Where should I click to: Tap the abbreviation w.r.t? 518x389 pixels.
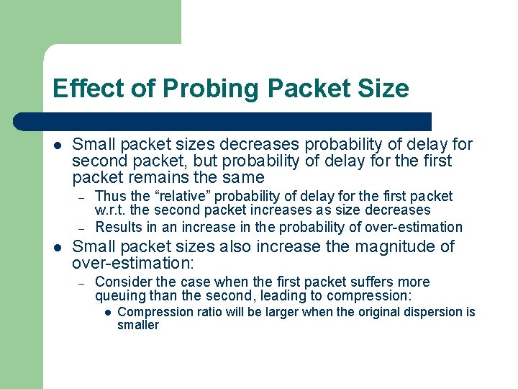pyautogui.click(x=110, y=210)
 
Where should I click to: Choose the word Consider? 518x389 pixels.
pyautogui.click(x=122, y=282)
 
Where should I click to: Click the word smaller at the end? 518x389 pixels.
pyautogui.click(x=137, y=326)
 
